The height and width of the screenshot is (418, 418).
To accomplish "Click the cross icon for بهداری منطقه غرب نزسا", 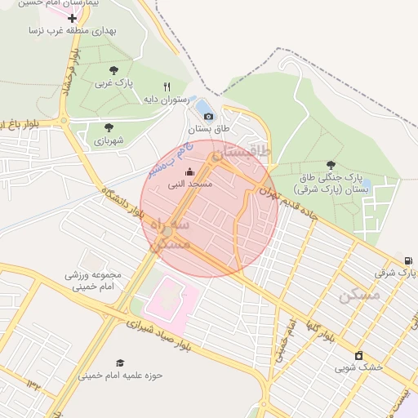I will [72, 17].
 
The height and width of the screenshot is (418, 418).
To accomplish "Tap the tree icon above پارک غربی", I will [113, 71].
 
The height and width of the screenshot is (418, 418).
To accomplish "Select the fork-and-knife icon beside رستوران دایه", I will [167, 87].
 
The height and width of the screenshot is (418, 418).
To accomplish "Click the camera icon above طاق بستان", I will [208, 117].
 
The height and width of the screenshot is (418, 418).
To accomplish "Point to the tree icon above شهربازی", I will [109, 127].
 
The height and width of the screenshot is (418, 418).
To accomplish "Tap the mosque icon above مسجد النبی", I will [190, 171].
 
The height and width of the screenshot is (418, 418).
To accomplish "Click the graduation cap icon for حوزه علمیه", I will [120, 362].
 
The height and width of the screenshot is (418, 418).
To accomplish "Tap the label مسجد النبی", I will [190, 185].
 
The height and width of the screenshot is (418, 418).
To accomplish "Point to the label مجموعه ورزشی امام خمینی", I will [93, 280].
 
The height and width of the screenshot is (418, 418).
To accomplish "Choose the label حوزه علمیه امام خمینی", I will [121, 376].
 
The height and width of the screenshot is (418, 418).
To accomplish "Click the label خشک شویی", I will [358, 367].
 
